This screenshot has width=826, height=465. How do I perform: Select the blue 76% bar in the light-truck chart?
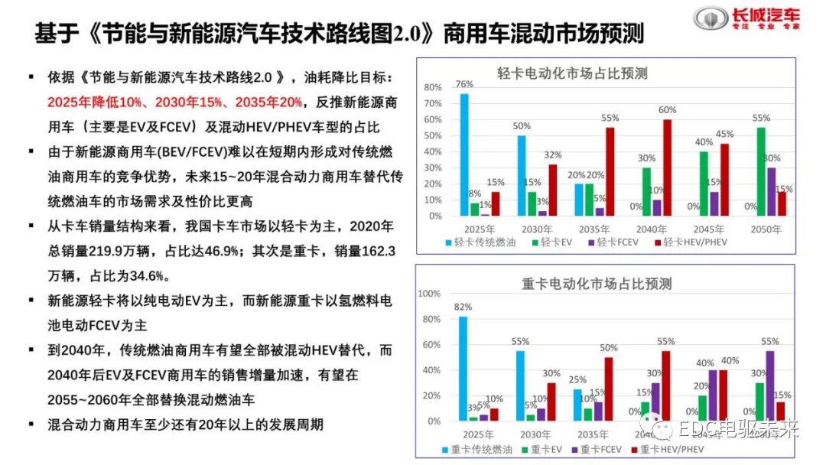(464, 154)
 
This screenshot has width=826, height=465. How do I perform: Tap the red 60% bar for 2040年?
(668, 167)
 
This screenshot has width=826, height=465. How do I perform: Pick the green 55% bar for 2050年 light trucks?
(761, 171)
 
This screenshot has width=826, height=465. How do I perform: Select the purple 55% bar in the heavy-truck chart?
(770, 385)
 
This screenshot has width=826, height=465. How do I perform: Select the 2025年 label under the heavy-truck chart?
(477, 434)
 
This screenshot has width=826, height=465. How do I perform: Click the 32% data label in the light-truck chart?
(553, 155)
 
